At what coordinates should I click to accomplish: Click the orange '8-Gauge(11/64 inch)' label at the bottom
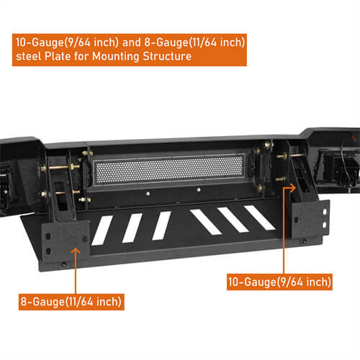coord(71,300)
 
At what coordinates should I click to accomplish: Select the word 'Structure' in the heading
coord(168,56)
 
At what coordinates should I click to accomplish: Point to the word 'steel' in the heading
coord(27,56)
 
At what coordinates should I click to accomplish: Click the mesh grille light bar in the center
coord(174,176)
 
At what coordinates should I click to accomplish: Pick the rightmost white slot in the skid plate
coord(259,218)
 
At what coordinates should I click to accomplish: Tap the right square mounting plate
coord(311,221)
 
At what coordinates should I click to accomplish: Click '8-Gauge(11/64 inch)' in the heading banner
coord(194,42)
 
